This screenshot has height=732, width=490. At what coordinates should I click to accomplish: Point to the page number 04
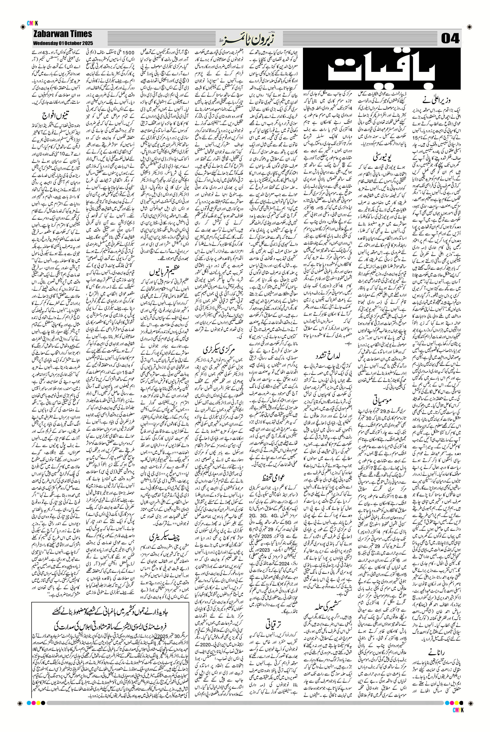(x=450, y=39)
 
